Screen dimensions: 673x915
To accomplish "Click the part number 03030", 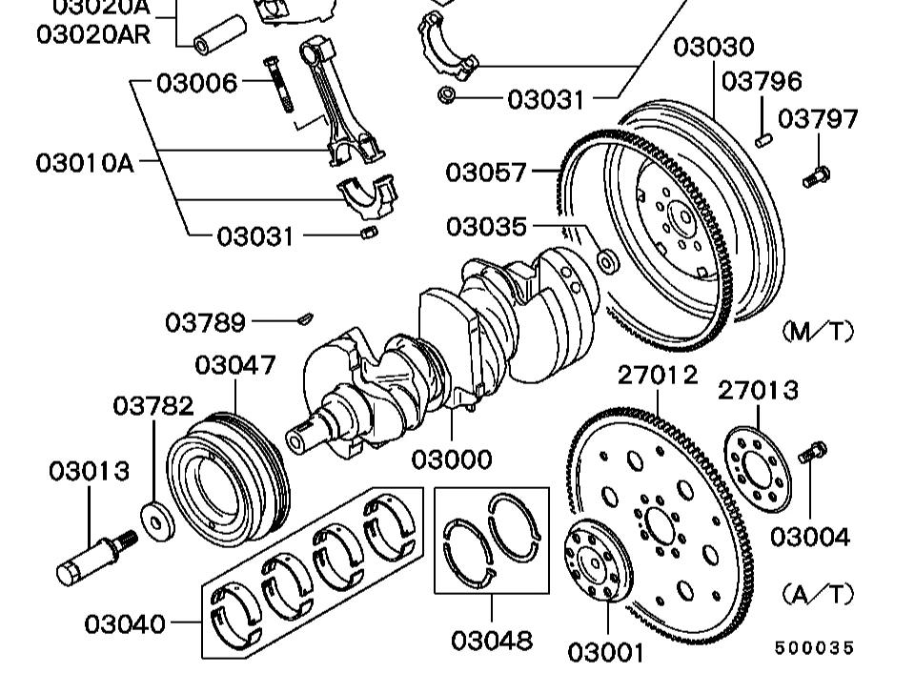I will coord(713,48).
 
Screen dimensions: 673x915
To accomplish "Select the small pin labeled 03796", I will coord(763,138).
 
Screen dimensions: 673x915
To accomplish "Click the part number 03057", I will coord(486,173).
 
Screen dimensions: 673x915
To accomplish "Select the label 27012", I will coord(658,376).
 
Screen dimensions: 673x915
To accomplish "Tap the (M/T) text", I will coord(817,331).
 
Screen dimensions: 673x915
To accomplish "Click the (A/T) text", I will coord(817,594).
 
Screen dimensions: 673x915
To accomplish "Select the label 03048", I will coord(491,640).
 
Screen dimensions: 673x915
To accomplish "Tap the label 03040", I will coord(125,624).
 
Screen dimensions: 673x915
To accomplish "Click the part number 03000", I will coord(452,459).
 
